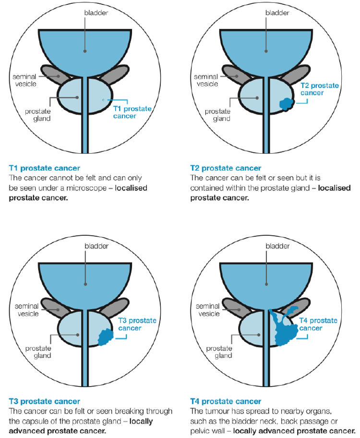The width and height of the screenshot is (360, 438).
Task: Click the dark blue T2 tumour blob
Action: pyautogui.click(x=287, y=104)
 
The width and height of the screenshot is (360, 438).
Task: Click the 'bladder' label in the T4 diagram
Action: pyautogui.click(x=277, y=246)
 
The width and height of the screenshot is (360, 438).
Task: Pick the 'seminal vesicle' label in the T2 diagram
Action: pyautogui.click(x=205, y=80)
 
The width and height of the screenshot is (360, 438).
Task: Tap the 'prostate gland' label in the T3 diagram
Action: pyautogui.click(x=38, y=352)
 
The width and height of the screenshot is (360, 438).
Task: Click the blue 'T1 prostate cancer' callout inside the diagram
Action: pyautogui.click(x=132, y=112)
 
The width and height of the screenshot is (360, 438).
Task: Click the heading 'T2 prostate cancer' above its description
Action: pyautogui.click(x=226, y=168)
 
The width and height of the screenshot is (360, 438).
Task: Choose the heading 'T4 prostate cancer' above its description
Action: pyautogui.click(x=226, y=401)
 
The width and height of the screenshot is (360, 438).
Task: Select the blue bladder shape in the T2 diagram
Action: pyautogui.click(x=265, y=48)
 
